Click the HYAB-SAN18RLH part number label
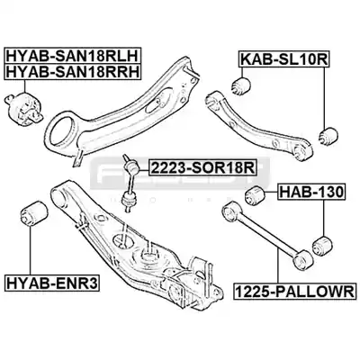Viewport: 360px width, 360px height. (72, 56)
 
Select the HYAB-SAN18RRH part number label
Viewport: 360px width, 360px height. (72, 72)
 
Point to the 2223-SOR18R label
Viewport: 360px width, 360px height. (202, 167)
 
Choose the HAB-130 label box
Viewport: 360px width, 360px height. (311, 193)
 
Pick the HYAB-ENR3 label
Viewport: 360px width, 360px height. (51, 283)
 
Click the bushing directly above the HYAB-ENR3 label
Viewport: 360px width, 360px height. (34, 214)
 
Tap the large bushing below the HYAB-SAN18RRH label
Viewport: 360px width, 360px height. (24, 110)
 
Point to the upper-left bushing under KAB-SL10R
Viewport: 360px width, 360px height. (241, 85)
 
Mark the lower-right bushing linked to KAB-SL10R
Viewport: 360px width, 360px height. (328, 137)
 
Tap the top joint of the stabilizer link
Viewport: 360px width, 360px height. (131, 164)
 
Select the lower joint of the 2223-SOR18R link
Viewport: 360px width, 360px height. (129, 200)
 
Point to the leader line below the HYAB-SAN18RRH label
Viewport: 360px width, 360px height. (25, 86)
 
